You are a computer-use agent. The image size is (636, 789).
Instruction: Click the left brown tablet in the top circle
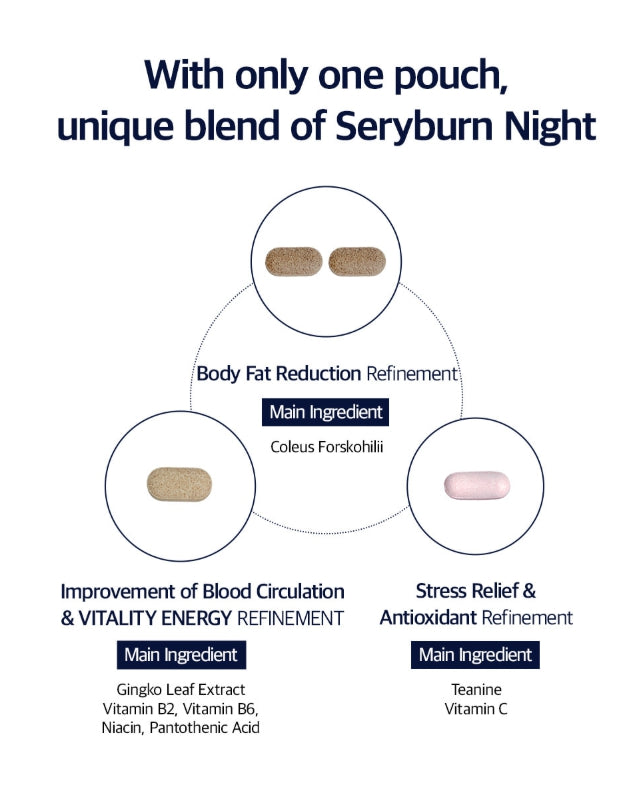(292, 262)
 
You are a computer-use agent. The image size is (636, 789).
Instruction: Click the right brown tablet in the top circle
(356, 262)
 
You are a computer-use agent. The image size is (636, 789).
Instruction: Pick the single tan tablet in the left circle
(179, 483)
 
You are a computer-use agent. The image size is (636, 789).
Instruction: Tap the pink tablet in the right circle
(476, 485)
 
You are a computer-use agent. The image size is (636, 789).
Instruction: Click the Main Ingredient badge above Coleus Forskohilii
(326, 411)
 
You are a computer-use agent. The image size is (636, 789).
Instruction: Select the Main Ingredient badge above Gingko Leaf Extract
(181, 655)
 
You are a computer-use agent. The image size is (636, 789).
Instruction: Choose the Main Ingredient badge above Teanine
(476, 655)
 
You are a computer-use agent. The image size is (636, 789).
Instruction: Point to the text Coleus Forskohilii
(326, 446)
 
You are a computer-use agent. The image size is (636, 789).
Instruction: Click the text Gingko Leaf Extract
(180, 690)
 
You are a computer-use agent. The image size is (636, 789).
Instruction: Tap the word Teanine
(476, 690)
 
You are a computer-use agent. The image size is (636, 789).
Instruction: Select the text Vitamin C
(476, 709)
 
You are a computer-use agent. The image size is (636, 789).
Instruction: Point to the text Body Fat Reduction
(278, 374)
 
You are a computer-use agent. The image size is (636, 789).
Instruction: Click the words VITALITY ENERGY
(155, 618)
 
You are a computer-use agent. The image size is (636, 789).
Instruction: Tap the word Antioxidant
(428, 618)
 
